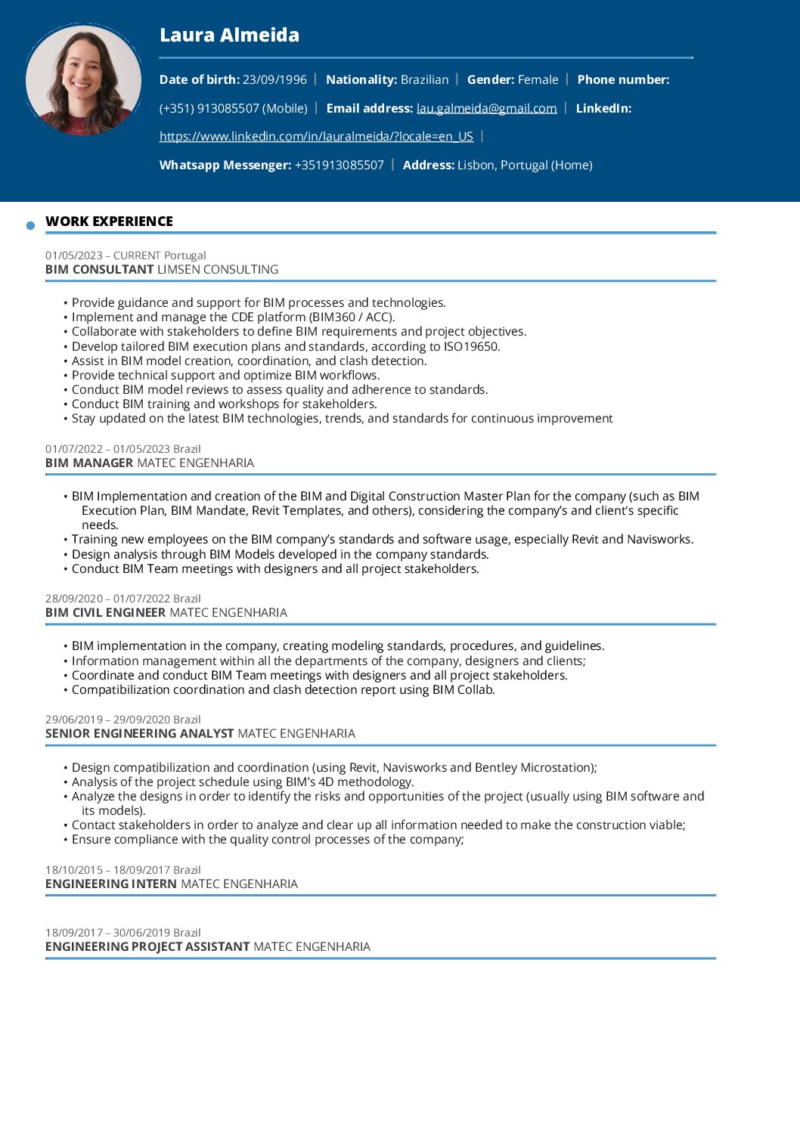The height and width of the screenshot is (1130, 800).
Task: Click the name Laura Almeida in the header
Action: pos(229,35)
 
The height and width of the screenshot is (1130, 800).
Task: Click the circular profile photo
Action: pos(83,80)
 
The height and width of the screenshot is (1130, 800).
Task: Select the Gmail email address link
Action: pos(486,108)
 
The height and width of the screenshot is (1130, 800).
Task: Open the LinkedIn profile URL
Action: pos(316,136)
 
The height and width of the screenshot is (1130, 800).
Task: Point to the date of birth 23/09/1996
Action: pos(274,79)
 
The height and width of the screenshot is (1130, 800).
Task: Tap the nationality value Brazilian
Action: pos(424,79)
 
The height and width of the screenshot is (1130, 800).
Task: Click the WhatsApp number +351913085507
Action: pos(339,165)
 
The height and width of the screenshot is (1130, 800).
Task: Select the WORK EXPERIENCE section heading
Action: pos(109,221)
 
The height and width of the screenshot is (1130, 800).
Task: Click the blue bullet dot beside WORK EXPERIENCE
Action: pos(31,225)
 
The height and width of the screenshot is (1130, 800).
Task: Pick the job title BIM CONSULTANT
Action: pos(99,269)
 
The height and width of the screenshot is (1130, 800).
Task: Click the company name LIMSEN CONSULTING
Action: pos(218,269)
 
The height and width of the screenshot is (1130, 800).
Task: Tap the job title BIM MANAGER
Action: pos(89,463)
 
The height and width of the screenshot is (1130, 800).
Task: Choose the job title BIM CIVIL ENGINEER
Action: pos(105,612)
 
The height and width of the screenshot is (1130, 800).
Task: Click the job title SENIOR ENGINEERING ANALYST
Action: pos(139,733)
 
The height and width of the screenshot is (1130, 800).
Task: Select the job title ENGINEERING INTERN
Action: pos(110,884)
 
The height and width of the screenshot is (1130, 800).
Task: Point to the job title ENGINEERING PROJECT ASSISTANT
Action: pos(147,946)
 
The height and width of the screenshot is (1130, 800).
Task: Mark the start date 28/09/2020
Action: pos(73,599)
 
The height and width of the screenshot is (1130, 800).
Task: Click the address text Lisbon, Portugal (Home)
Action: pos(525,165)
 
